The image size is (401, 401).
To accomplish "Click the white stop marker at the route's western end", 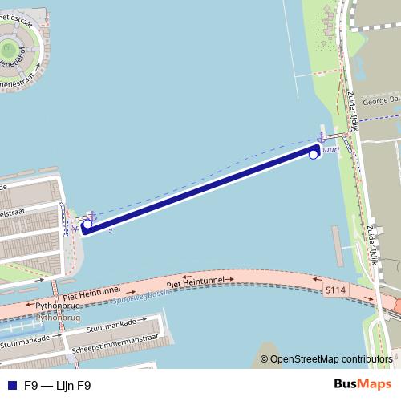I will click(x=87, y=225).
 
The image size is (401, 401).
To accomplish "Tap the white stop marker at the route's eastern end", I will click(x=314, y=154).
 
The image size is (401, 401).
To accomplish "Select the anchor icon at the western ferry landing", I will click(x=91, y=217).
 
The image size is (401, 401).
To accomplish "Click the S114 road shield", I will click(x=336, y=288).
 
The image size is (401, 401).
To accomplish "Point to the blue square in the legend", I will click(x=11, y=386).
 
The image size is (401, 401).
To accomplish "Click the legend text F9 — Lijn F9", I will click(x=57, y=386).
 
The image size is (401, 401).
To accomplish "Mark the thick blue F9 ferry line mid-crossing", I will click(x=200, y=189).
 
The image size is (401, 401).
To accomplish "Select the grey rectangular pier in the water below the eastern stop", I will click(x=337, y=246).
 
